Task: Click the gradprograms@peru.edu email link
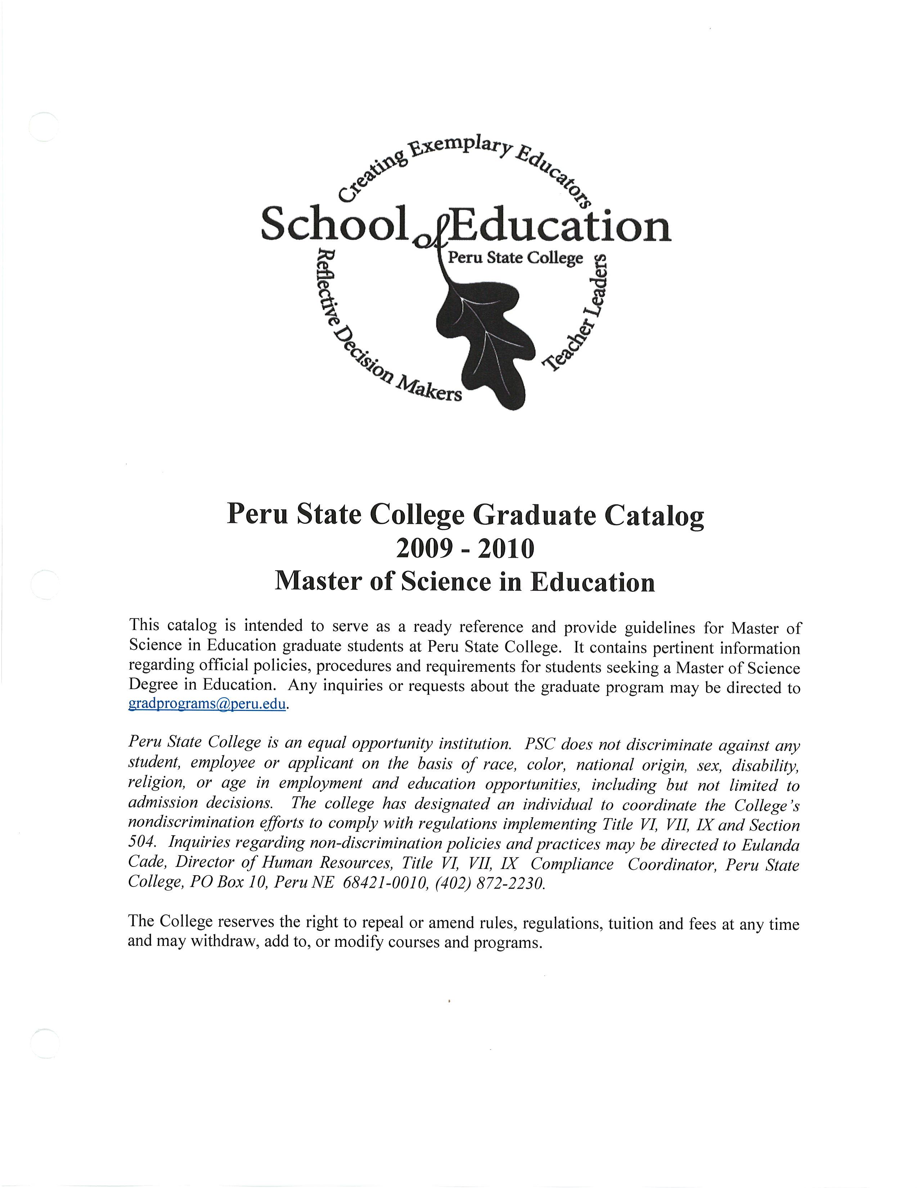pos(207,704)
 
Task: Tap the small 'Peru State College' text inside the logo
pos(514,257)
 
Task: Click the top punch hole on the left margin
pos(44,127)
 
